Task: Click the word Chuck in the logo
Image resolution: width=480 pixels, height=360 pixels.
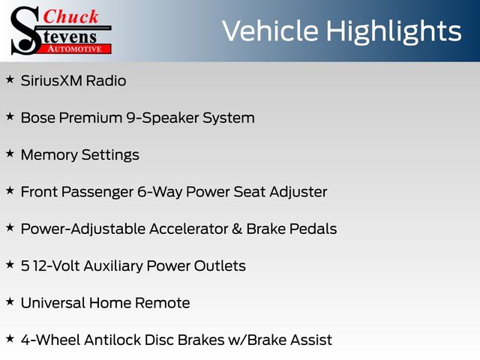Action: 70,16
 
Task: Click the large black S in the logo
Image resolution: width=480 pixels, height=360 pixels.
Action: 25,31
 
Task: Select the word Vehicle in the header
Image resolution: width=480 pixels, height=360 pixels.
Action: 270,31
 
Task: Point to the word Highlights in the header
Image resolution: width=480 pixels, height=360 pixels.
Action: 393,31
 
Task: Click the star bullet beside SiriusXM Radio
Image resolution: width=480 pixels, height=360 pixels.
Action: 10,79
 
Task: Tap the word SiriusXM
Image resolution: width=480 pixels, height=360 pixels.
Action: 52,81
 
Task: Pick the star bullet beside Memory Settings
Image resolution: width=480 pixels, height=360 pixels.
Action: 10,154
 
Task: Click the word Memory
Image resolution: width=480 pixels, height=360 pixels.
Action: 49,155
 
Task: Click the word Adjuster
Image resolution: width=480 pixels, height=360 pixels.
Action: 298,193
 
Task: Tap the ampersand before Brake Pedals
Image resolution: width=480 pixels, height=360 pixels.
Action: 237,229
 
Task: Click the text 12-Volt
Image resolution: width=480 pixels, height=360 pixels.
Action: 57,265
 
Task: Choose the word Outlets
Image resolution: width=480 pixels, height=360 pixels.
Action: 220,265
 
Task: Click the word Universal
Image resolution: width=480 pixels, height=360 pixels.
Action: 53,303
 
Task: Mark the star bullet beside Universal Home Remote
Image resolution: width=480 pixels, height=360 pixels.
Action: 10,301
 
